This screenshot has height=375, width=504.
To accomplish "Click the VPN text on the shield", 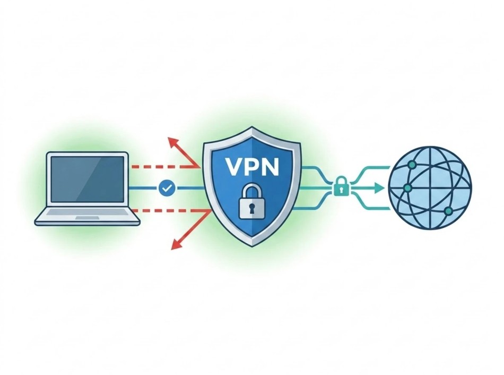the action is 251,166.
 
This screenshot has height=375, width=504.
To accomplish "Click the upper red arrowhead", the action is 173,142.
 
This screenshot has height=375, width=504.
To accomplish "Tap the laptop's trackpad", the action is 88,218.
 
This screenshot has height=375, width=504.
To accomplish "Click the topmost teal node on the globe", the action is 412,165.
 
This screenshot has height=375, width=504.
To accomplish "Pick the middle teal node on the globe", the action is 407,187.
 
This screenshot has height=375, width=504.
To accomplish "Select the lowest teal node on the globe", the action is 448,211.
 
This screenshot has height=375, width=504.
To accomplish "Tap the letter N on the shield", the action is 269,166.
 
